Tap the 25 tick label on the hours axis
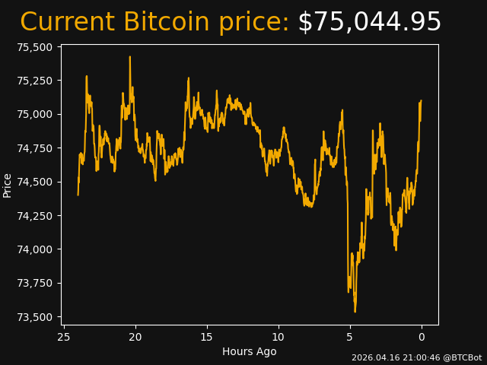tap(64, 336)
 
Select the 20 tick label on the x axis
tap(135, 336)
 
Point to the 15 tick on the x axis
tap(207, 336)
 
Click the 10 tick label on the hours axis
tap(279, 336)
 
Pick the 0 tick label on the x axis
tap(421, 336)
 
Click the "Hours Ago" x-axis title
tap(249, 351)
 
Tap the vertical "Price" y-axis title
tap(8, 185)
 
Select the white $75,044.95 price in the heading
tap(369, 22)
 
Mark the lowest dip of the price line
tap(355, 311)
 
